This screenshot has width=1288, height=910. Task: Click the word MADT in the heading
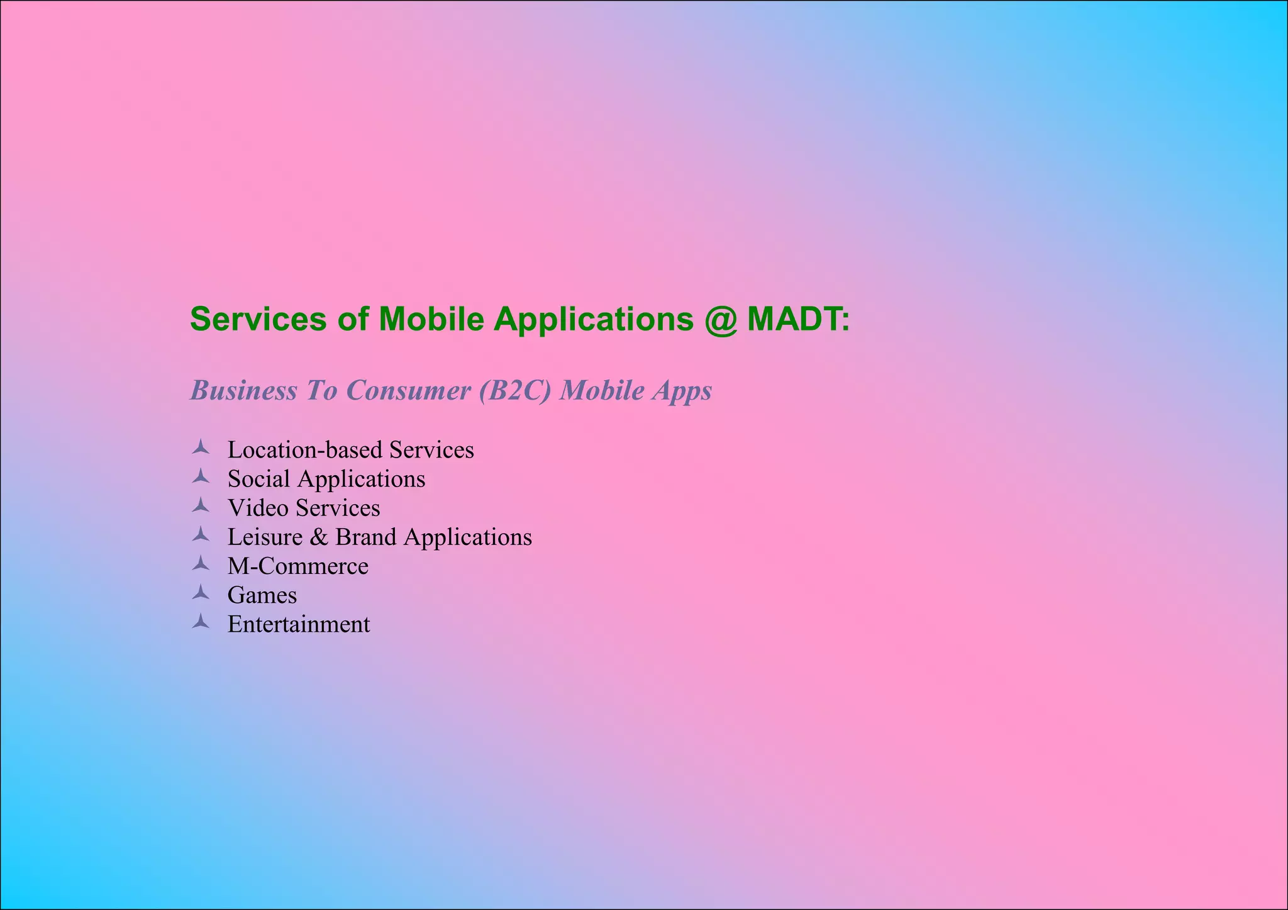coord(794,319)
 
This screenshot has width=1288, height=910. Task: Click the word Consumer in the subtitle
coord(408,390)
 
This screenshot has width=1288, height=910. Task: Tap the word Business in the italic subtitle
coord(243,390)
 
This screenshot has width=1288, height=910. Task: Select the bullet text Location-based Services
coord(350,450)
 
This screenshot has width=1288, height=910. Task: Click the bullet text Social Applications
coord(326,479)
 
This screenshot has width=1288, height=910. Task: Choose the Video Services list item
coord(303,508)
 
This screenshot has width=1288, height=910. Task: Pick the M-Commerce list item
coord(297,566)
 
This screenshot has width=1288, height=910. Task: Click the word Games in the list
coord(262,595)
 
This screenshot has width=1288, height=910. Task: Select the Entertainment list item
coord(298,624)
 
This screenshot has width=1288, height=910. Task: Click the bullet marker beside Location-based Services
coord(201,447)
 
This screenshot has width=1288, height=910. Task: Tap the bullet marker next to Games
coord(201,593)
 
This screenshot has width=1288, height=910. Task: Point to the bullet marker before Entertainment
coord(201,622)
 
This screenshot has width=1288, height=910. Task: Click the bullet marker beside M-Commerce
coord(201,564)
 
